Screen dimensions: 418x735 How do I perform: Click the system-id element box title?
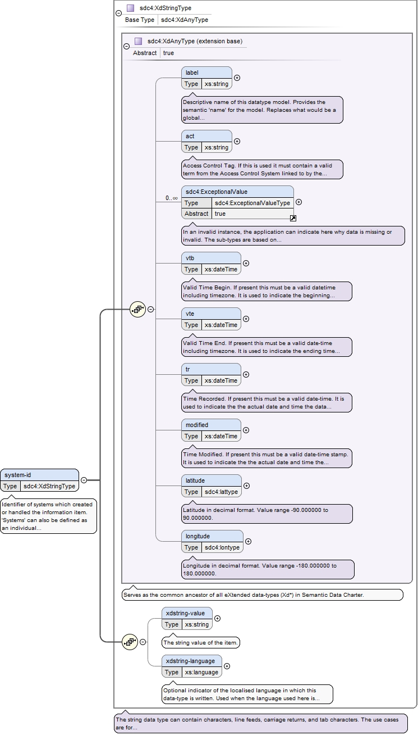pos(18,475)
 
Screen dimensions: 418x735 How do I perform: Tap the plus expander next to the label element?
pos(237,78)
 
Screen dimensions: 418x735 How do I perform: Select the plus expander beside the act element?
pos(237,142)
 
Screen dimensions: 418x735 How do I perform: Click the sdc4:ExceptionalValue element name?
pos(217,192)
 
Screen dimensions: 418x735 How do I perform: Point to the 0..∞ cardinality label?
pos(172,198)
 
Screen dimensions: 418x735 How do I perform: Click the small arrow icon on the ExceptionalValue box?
pos(293,218)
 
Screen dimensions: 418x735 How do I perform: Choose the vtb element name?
pos(190,258)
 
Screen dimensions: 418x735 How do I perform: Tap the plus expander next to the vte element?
pos(246,319)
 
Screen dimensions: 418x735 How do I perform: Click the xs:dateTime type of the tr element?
pos(221,380)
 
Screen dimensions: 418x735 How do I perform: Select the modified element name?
pos(197,425)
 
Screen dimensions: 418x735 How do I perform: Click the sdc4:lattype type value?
pos(222,492)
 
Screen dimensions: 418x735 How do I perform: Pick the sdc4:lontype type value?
pos(222,547)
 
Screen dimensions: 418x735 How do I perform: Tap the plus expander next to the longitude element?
pos(249,541)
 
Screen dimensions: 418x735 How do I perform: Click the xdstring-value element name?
pos(185,613)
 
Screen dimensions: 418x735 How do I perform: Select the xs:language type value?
pos(201,672)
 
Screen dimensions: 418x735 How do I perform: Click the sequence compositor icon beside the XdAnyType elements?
pos(137,309)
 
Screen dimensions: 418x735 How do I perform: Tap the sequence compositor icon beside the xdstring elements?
pos(130,642)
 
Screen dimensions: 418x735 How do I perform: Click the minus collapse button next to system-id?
pos(84,480)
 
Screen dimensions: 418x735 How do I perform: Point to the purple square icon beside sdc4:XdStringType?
pos(130,8)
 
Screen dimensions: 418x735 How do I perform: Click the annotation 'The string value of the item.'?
pos(200,642)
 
